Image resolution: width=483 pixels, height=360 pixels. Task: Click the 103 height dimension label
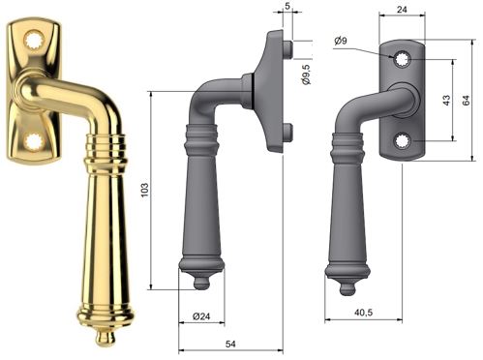145,191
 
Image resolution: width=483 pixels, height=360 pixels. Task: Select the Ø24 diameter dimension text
201,316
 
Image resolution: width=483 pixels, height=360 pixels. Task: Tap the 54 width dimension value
230,345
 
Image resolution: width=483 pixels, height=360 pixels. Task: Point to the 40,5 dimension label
364,313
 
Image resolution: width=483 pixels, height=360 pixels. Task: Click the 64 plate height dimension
466,100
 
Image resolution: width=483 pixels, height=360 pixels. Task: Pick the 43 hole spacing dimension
446,100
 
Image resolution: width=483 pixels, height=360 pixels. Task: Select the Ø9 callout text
341,41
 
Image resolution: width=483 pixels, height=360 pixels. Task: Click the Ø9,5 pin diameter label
306,75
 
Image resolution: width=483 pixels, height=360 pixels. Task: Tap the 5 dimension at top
287,6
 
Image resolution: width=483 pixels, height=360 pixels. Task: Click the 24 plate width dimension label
402,9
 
